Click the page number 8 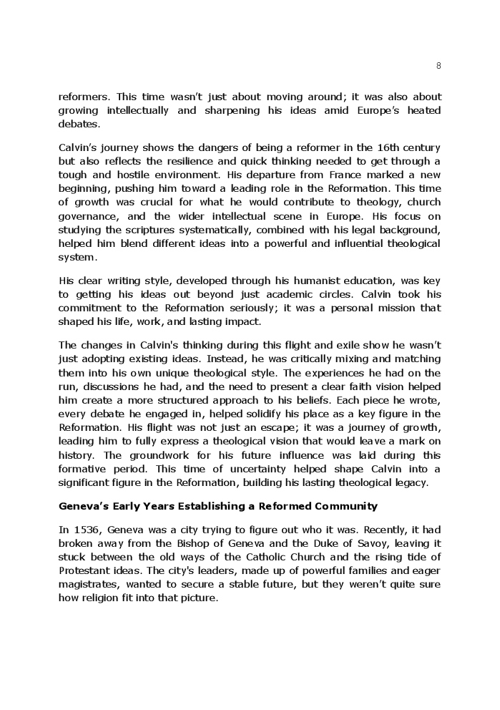pos(438,66)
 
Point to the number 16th pos(383,147)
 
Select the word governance pos(87,215)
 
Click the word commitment pos(87,308)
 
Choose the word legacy pos(410,482)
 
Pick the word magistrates pos(87,584)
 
